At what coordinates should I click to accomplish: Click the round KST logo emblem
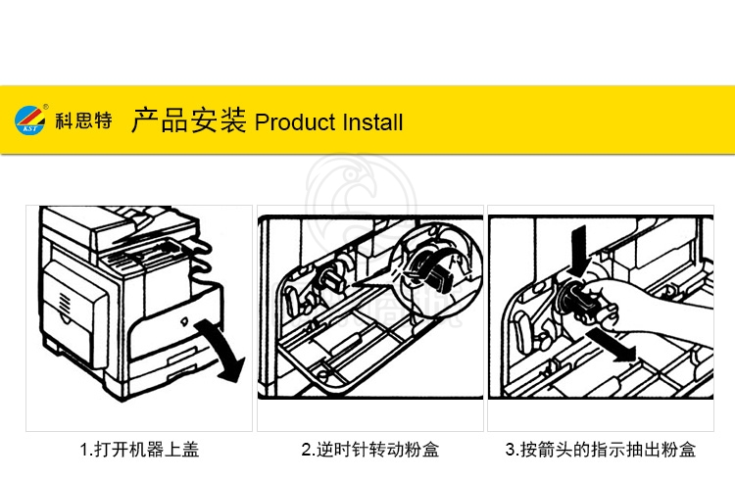coord(30,120)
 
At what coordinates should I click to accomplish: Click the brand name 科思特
coord(83,120)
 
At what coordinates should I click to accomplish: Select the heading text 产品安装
coord(188,120)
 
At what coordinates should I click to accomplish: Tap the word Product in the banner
coord(294,122)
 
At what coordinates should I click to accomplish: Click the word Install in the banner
coord(372,122)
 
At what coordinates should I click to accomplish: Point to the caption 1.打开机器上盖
coord(139,450)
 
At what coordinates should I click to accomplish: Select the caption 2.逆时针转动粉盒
coord(369,450)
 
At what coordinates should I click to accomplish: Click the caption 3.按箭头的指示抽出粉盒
coord(601,450)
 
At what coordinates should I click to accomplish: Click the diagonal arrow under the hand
coord(612,345)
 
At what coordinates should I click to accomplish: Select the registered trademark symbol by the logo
coord(45,107)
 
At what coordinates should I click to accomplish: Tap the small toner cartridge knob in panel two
coord(331,279)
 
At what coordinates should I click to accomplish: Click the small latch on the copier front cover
coord(184,321)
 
